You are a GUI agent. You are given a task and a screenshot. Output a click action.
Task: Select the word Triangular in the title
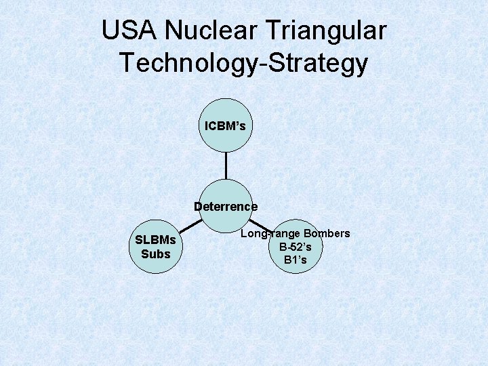(x=326, y=31)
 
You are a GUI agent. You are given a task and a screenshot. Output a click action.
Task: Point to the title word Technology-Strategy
(x=244, y=63)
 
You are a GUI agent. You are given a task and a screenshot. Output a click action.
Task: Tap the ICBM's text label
(x=226, y=126)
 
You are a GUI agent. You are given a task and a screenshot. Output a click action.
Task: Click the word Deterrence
(x=226, y=206)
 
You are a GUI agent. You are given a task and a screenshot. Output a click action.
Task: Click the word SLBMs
(x=156, y=240)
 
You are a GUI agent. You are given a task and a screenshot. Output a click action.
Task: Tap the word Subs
(x=156, y=254)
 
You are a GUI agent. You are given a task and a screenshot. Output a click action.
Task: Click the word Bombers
(x=327, y=234)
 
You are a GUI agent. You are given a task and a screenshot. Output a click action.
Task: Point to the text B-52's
(x=296, y=247)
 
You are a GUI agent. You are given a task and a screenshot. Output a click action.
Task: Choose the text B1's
(x=296, y=260)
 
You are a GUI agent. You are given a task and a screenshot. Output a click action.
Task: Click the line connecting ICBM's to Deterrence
(x=226, y=165)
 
